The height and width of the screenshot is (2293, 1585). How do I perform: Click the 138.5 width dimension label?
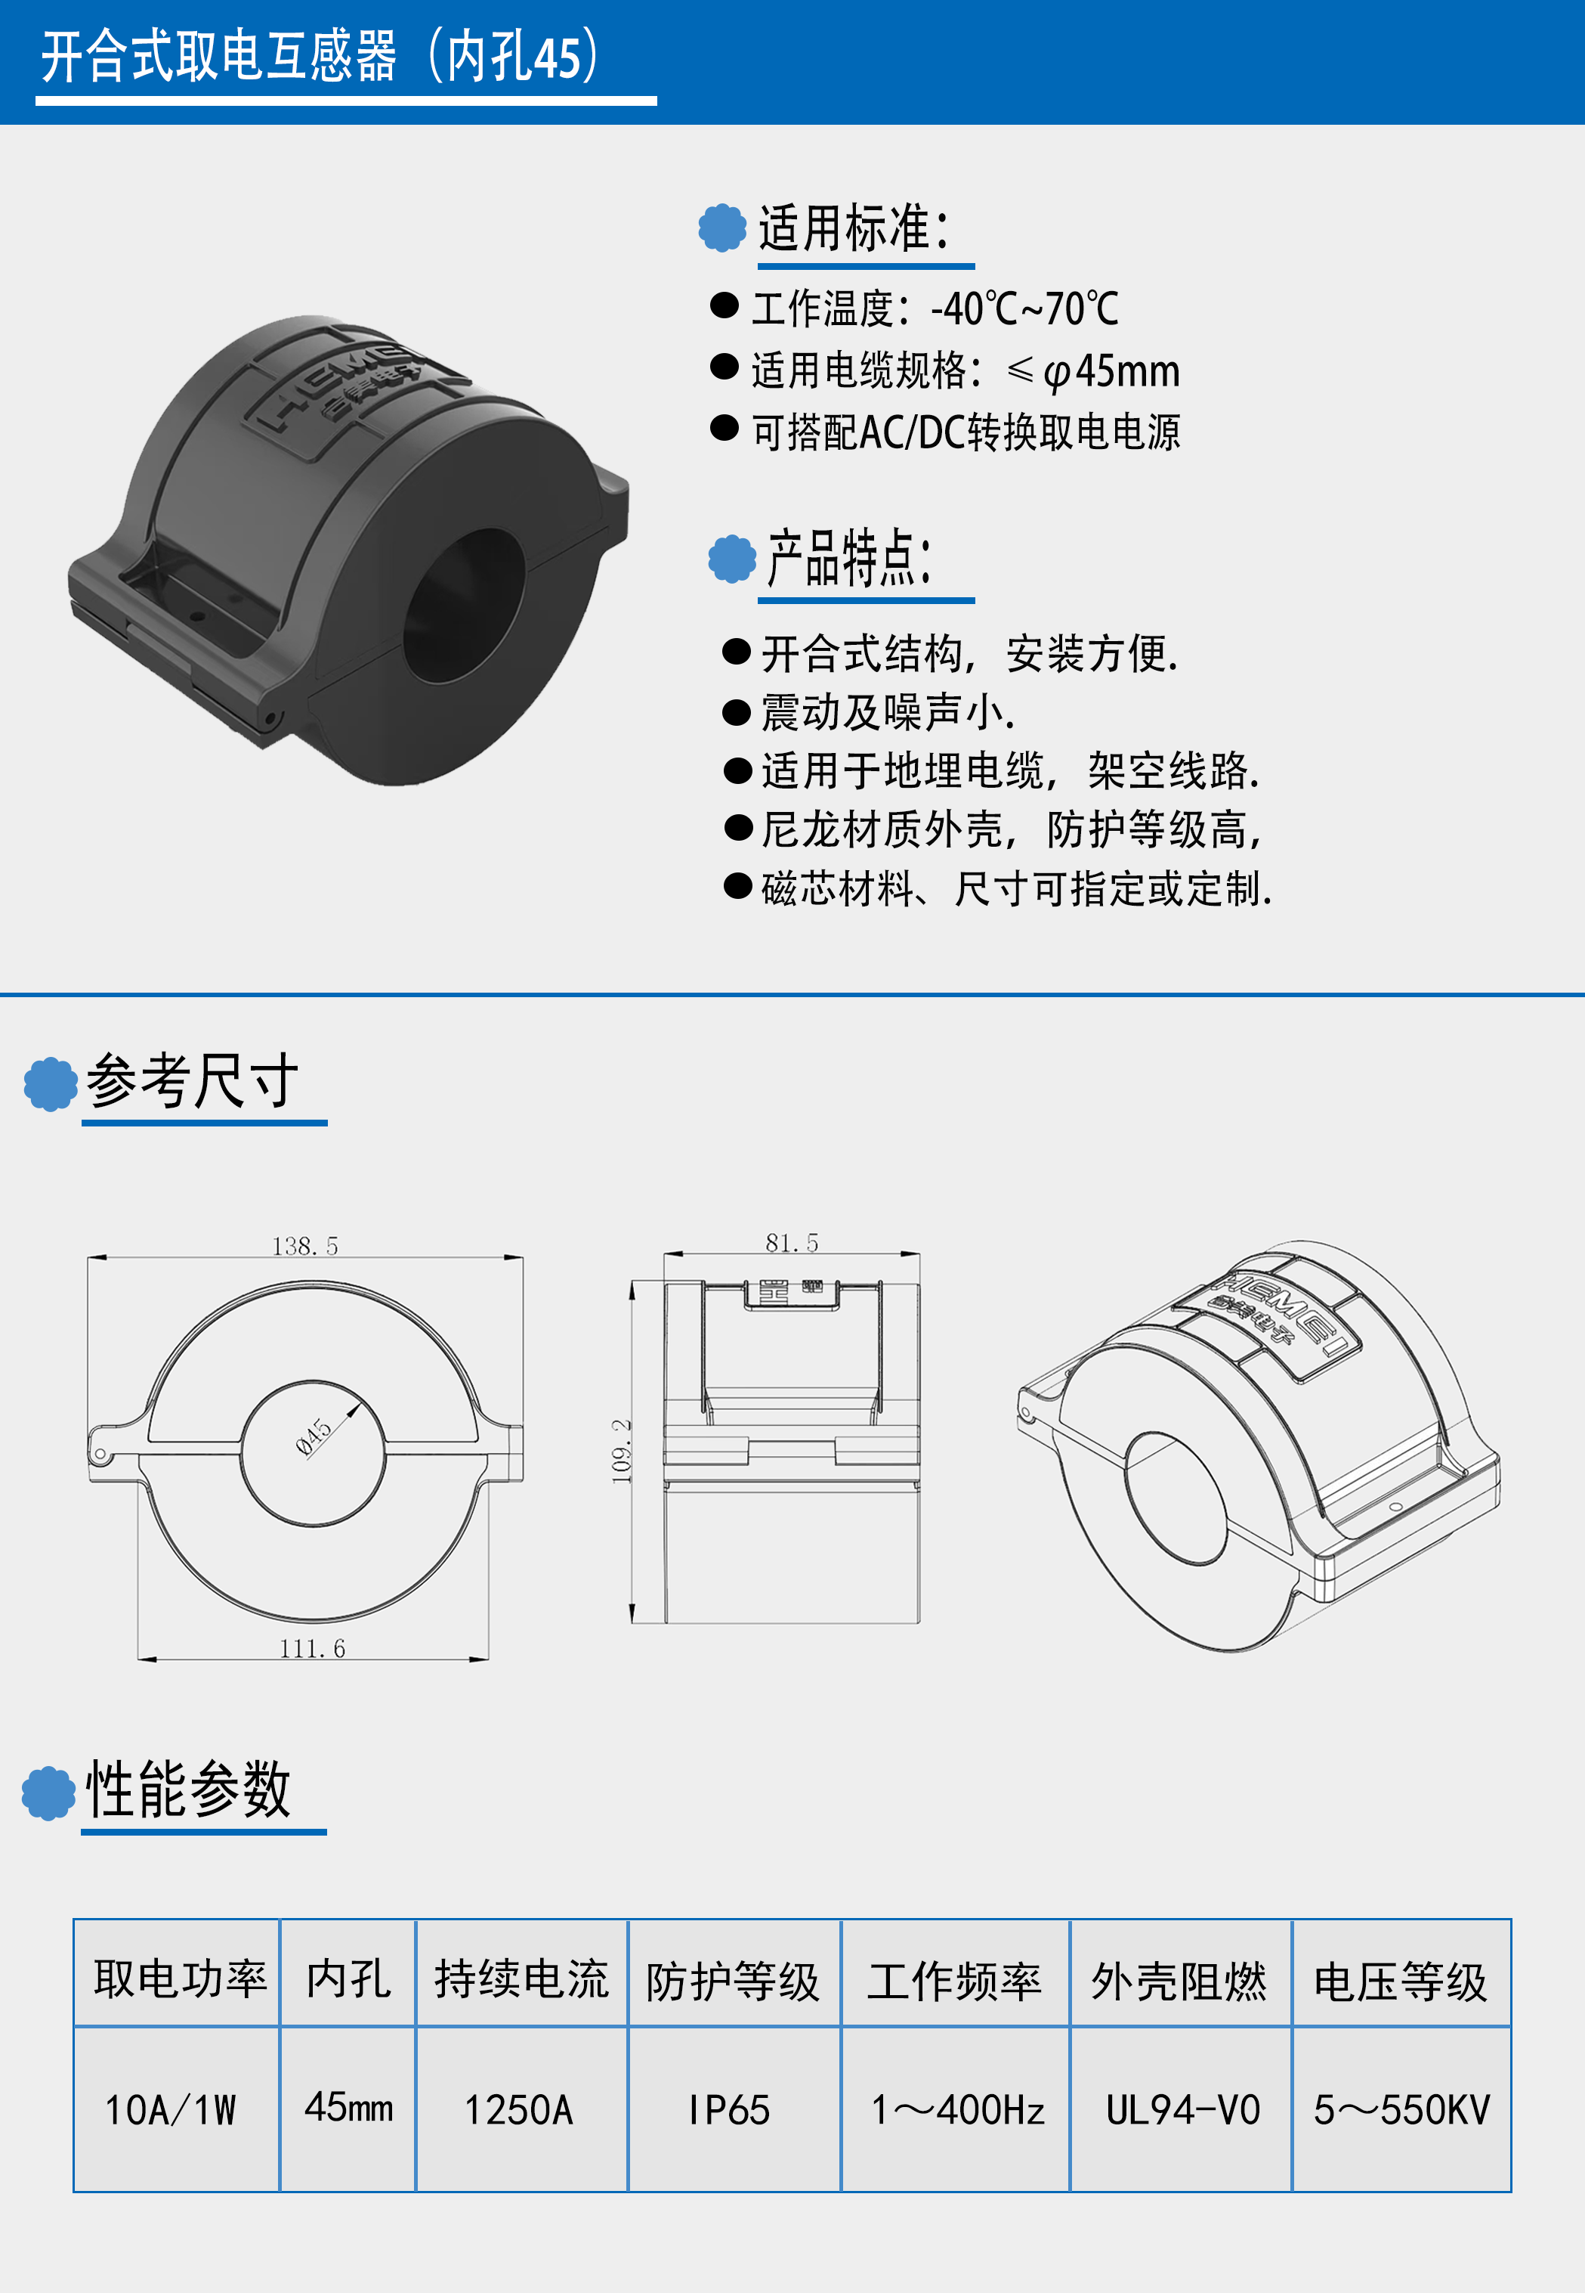point(305,1246)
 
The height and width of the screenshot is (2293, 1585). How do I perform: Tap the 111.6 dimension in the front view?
point(312,1648)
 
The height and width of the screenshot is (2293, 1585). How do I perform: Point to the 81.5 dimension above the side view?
point(792,1243)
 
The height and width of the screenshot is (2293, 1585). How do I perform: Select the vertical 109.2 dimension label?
point(622,1451)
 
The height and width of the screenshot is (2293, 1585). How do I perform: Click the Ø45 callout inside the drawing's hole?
point(314,1436)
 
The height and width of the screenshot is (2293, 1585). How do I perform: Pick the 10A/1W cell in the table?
point(171,2110)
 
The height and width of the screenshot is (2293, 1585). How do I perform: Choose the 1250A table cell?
point(520,2110)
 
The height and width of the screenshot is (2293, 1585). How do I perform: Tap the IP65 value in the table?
point(730,2110)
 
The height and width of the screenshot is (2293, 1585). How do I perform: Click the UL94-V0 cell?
point(1183,2110)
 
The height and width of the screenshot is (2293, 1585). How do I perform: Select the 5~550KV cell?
point(1402,2110)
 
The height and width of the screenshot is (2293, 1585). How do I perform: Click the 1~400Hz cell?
point(957,2110)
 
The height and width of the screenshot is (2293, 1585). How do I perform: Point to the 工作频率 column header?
point(954,1981)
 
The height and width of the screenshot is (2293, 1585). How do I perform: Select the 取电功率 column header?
point(181,1978)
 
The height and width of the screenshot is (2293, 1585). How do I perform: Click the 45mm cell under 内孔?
point(348,2107)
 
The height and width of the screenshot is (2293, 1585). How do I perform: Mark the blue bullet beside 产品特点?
point(732,559)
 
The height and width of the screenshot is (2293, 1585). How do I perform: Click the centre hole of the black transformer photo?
point(464,606)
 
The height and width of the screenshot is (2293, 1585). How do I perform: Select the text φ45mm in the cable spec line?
point(1111,371)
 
